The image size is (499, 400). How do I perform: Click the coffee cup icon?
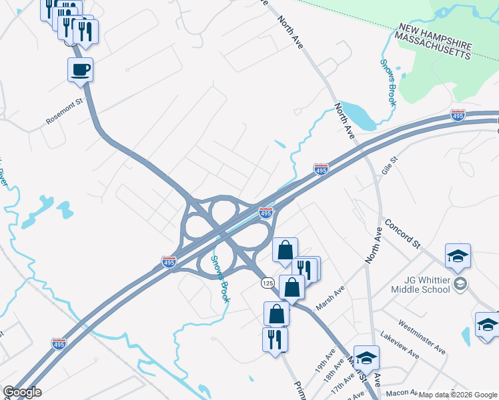(80, 69)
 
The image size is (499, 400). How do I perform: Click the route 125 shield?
(268, 283)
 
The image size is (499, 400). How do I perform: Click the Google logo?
(22, 392)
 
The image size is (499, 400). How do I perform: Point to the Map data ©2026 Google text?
(458, 395)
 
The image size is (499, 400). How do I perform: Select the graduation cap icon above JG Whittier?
(458, 255)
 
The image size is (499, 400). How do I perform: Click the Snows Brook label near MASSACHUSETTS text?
(388, 83)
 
